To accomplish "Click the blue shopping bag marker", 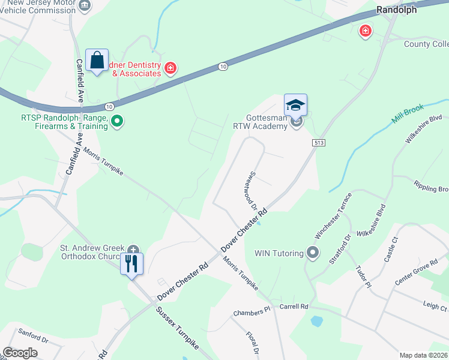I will [97, 61].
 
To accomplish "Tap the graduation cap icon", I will [295, 106].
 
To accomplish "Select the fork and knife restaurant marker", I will [132, 263].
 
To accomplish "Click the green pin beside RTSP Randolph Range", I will [118, 122].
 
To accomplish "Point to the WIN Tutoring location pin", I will [312, 253].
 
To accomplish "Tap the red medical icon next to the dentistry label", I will [170, 68].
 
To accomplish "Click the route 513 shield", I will [318, 142].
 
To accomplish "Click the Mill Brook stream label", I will [408, 113].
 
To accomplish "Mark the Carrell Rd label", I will [294, 307].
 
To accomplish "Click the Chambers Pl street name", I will [252, 313].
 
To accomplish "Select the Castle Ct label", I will [391, 248].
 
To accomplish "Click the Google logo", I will [20, 353].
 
